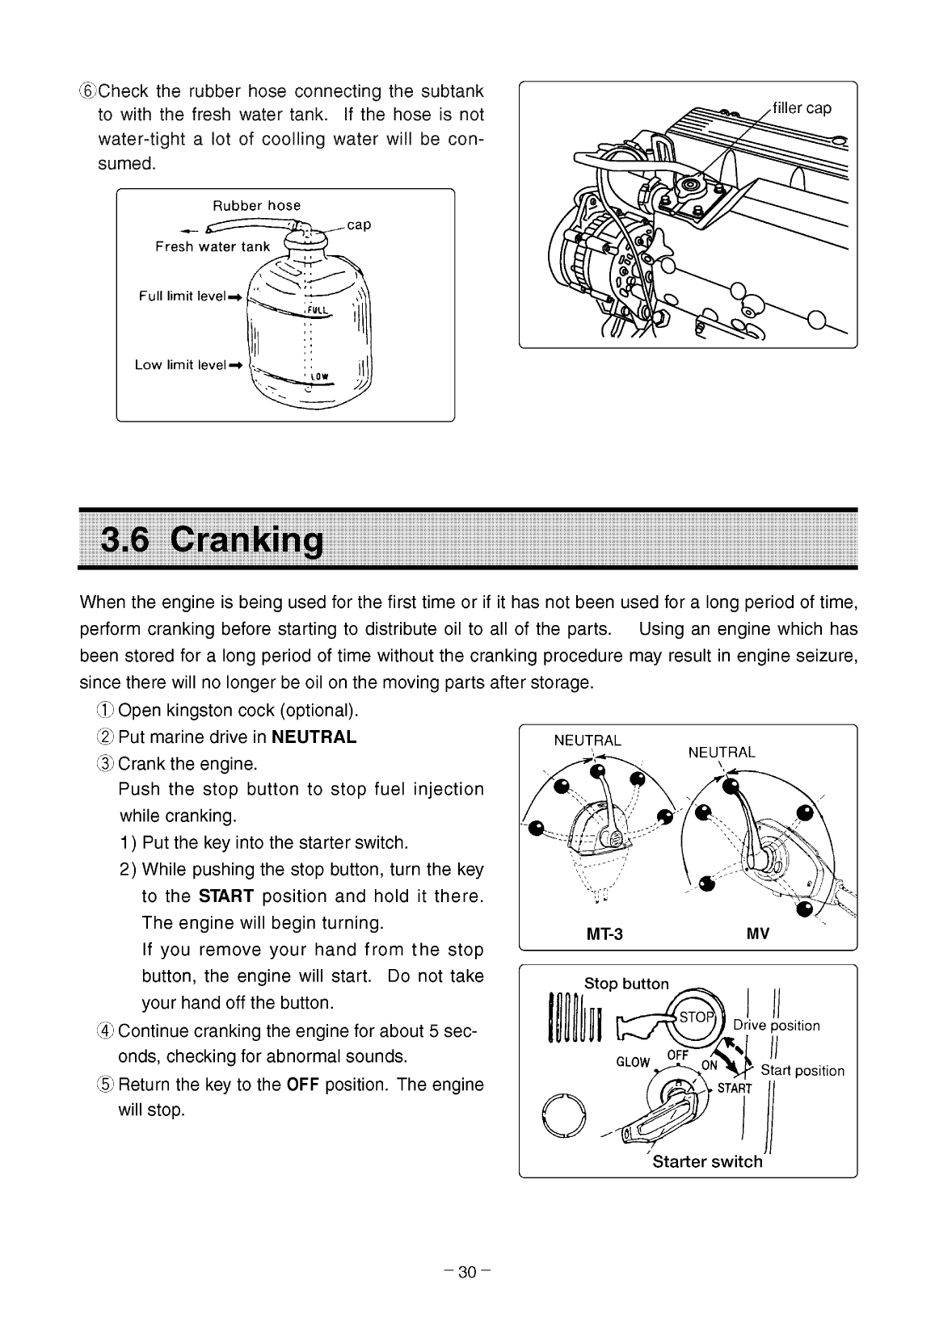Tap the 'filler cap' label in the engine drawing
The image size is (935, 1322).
point(801,108)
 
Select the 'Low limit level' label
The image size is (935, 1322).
point(180,365)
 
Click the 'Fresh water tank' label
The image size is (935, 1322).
point(213,246)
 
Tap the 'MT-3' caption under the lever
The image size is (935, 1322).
point(604,934)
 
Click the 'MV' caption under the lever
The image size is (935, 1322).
point(758,934)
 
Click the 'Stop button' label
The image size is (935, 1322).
point(626,984)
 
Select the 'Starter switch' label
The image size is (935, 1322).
point(707,1162)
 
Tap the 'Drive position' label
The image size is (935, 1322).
point(777,1026)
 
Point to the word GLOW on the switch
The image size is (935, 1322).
point(633,1062)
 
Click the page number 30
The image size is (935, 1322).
point(467,1273)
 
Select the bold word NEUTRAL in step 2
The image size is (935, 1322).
point(314,737)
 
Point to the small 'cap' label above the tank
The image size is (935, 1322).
point(359,225)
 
